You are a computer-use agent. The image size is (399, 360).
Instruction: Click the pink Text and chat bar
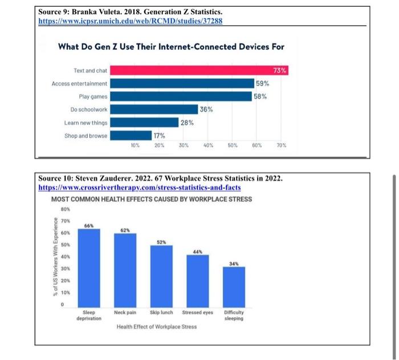[x=199, y=70]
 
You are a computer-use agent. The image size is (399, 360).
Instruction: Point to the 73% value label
[x=280, y=70]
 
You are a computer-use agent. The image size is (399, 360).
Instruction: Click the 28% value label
[x=187, y=123]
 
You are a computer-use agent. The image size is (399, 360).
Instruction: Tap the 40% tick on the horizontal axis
[x=208, y=145]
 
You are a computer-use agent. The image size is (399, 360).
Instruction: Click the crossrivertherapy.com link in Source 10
[x=139, y=187]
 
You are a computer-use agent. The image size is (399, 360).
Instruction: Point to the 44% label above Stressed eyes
[x=197, y=252]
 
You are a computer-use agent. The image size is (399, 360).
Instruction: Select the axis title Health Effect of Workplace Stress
[x=156, y=327]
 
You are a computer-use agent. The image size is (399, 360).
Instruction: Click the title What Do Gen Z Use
[x=171, y=46]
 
